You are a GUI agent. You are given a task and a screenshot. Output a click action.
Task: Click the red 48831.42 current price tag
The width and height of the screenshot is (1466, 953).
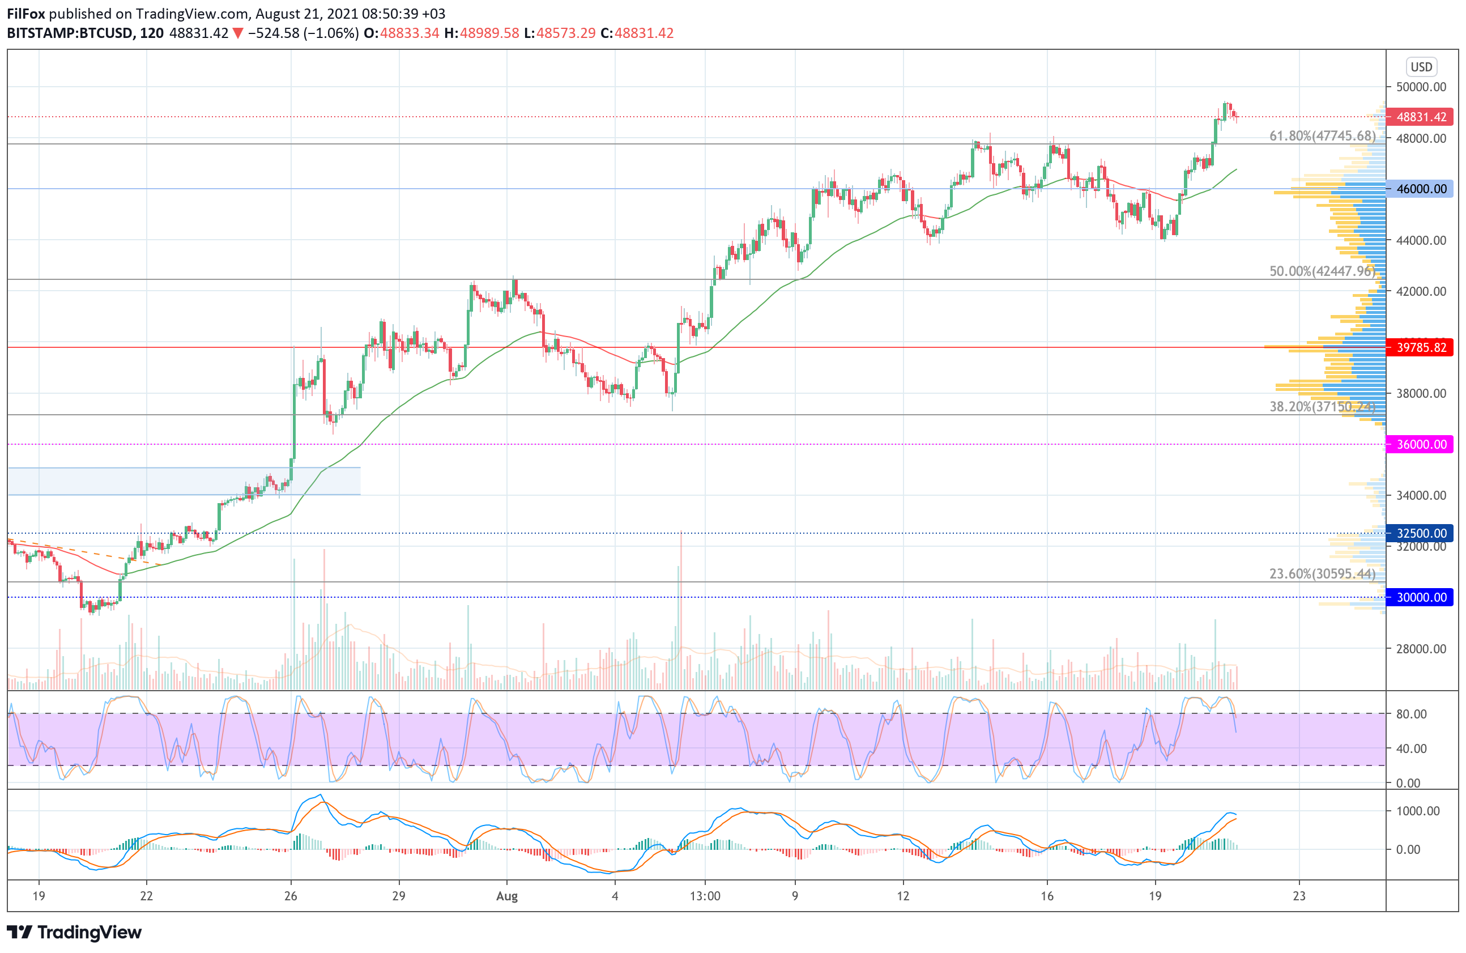(1420, 116)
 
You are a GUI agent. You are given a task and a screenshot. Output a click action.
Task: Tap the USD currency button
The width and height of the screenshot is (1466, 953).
(1421, 66)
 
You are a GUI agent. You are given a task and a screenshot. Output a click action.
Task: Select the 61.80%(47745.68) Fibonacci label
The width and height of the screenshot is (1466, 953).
(1322, 135)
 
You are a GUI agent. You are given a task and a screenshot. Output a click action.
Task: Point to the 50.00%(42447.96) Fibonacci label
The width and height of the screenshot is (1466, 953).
(1322, 271)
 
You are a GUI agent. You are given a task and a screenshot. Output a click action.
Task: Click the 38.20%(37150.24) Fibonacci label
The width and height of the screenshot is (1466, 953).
(1322, 407)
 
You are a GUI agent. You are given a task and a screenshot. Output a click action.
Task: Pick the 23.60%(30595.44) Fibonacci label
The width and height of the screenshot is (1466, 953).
(1322, 573)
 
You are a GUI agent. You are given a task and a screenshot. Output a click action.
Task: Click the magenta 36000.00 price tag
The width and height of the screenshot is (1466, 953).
(1420, 444)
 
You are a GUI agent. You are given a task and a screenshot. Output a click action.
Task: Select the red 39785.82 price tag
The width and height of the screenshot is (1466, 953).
(1420, 347)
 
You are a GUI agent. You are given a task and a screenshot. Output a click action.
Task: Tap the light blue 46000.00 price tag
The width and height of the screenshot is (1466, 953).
(1420, 189)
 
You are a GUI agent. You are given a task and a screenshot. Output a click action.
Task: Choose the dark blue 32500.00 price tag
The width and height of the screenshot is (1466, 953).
(1420, 533)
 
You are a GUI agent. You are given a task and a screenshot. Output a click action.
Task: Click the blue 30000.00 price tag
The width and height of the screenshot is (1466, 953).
(1420, 597)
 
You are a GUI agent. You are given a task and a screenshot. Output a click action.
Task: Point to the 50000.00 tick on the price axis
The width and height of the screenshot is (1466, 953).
(1421, 87)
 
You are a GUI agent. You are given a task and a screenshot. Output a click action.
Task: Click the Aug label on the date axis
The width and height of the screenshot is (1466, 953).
(507, 896)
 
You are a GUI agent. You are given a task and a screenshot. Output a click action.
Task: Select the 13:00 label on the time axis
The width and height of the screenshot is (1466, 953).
(705, 896)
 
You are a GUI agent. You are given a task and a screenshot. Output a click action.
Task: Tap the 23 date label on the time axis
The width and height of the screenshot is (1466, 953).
(1299, 896)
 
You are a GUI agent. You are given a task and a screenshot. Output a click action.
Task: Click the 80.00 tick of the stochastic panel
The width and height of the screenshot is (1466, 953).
(1411, 714)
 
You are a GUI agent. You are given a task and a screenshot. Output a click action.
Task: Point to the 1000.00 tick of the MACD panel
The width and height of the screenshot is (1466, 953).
(1417, 811)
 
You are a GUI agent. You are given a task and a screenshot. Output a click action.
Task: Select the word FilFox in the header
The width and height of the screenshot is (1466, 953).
(26, 14)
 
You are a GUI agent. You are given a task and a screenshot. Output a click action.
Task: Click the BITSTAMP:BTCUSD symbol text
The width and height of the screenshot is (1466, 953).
(70, 33)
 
